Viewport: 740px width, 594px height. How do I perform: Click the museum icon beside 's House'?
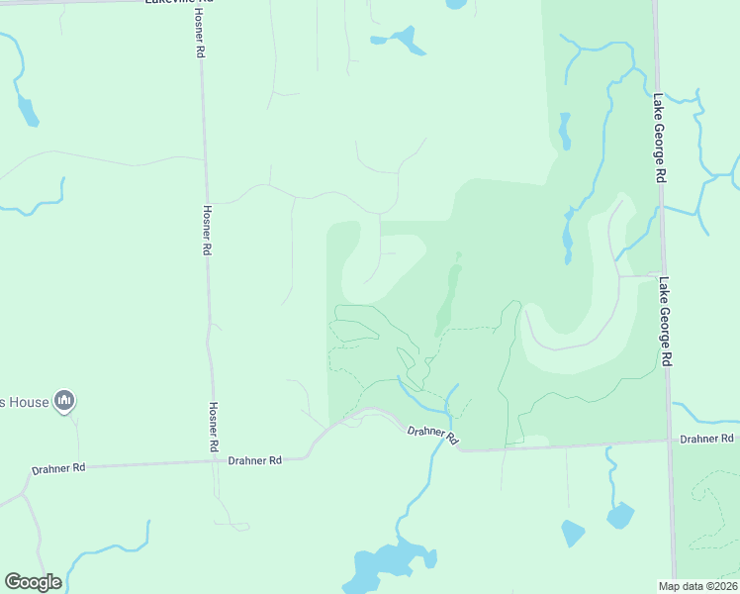tap(65, 400)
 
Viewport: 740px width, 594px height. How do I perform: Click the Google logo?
tap(33, 582)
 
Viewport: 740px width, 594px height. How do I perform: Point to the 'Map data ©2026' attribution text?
tap(697, 586)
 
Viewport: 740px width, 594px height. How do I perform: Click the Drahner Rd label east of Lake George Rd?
tap(706, 439)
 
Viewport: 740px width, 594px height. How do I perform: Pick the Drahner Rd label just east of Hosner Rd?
tap(254, 460)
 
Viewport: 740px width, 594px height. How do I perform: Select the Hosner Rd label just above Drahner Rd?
tap(213, 426)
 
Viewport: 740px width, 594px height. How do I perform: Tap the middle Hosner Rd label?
tap(207, 231)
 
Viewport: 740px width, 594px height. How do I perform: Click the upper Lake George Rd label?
tap(659, 139)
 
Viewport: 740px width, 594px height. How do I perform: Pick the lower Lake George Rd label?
tap(667, 321)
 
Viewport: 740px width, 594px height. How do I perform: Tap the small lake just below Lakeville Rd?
tap(401, 41)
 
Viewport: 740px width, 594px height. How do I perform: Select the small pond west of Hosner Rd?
tap(28, 110)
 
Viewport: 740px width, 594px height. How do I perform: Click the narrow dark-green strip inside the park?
tap(448, 297)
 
